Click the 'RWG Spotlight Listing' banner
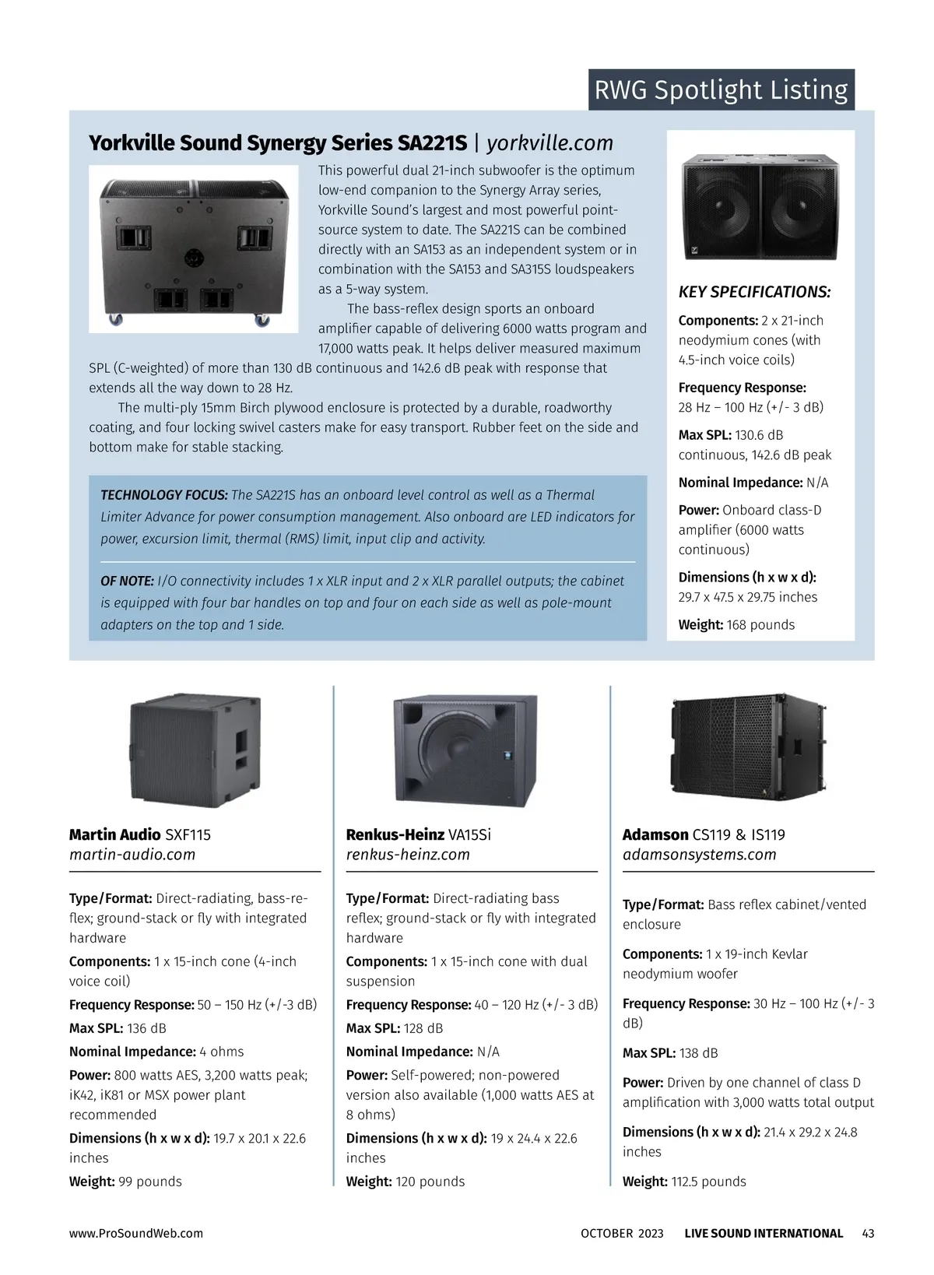tap(721, 90)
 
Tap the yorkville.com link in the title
tap(550, 143)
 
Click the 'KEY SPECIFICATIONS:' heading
tap(754, 292)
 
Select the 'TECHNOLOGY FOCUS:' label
tap(164, 495)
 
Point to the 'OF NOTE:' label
tap(127, 581)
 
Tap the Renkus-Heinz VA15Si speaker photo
tap(465, 750)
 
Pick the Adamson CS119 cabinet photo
tap(748, 746)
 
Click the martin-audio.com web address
tap(132, 855)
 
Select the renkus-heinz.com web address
tap(408, 855)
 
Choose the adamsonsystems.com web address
tap(699, 855)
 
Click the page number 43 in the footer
tap(868, 1233)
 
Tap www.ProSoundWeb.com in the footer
tap(136, 1233)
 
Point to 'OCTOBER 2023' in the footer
tap(622, 1233)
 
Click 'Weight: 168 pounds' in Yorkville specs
tap(736, 625)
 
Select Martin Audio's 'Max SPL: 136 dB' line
tap(118, 1028)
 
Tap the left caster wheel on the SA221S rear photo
tap(116, 319)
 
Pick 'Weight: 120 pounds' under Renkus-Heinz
tap(405, 1182)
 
